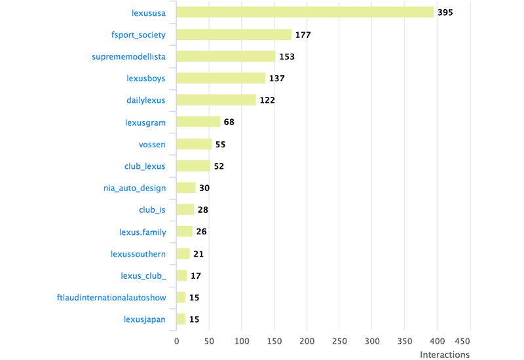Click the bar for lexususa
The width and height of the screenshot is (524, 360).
(x=305, y=12)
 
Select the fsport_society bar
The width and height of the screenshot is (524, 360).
(x=234, y=35)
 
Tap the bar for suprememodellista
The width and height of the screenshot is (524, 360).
(x=226, y=56)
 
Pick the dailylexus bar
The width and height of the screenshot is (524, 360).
(x=216, y=100)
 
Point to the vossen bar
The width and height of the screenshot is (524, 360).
(x=194, y=144)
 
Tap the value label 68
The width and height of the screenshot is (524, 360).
(x=229, y=122)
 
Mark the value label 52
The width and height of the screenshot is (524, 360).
(x=219, y=166)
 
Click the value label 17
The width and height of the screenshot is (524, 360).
(x=196, y=276)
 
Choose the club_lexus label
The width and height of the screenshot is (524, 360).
(x=145, y=166)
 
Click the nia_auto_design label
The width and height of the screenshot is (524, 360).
(x=134, y=188)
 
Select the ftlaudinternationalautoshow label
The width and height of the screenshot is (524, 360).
(x=111, y=298)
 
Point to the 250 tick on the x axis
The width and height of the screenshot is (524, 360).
(x=339, y=342)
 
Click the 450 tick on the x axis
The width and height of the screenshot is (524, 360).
(x=462, y=342)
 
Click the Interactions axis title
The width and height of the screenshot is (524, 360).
(x=444, y=355)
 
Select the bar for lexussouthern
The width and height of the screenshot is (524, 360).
(x=183, y=254)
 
